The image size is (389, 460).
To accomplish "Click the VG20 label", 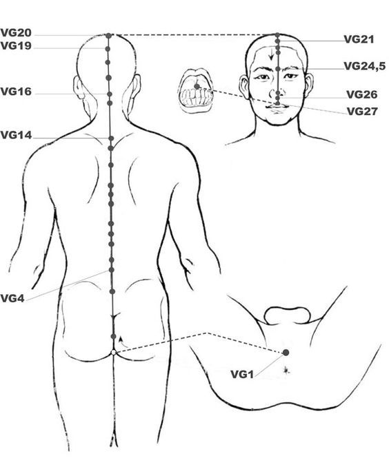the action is (16, 32).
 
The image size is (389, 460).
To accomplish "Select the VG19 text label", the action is (16, 45).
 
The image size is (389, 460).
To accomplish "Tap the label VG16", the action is (16, 92).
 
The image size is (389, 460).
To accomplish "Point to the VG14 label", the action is (16, 135).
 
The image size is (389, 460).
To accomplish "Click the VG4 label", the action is (12, 298).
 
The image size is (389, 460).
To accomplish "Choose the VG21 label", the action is (359, 39).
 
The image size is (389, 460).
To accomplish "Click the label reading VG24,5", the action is (364, 66).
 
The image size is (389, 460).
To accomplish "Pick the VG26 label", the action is (361, 94).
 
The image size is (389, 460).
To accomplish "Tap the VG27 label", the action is (362, 112).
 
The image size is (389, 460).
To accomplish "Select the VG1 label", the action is (242, 374).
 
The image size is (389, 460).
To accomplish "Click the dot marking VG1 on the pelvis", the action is (286, 353).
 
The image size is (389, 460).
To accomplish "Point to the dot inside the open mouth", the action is (197, 86).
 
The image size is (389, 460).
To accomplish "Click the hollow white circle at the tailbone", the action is (114, 353).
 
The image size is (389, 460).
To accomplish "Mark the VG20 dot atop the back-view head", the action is (109, 36).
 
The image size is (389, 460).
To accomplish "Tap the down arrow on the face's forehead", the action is (272, 54).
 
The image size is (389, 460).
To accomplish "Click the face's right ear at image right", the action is (309, 85).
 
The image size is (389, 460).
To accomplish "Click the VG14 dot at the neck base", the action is (111, 138).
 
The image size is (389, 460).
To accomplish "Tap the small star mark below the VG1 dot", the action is (286, 370).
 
